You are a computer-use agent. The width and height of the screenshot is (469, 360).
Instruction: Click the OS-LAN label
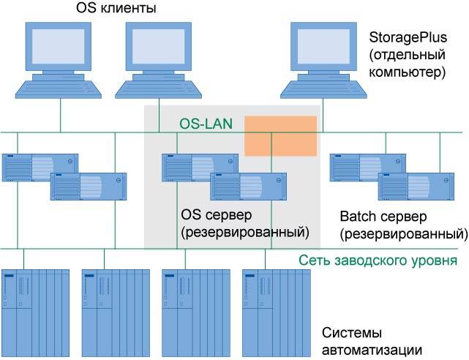pos(206,124)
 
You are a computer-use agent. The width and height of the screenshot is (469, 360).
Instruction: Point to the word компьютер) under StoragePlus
pos(408,72)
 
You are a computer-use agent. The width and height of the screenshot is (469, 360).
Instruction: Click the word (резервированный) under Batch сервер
pos(404,234)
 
